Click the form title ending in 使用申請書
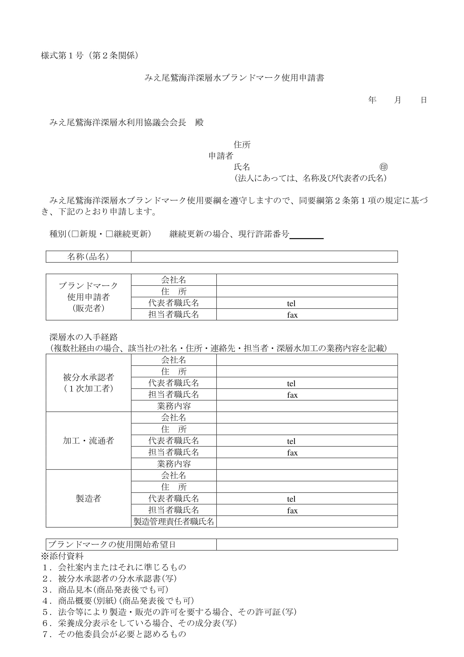click(x=234, y=78)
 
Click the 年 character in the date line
click(x=372, y=100)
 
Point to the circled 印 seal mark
click(x=383, y=167)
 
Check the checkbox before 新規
click(x=75, y=234)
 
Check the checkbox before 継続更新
click(x=109, y=234)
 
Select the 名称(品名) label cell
click(x=88, y=257)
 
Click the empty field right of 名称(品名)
click(x=264, y=257)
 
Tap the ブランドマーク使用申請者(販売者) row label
click(x=88, y=297)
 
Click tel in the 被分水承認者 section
click(x=291, y=383)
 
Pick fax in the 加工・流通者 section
click(x=292, y=453)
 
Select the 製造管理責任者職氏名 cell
click(x=174, y=521)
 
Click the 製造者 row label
click(x=88, y=498)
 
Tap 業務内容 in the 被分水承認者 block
click(x=174, y=406)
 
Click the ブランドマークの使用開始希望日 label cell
click(x=112, y=545)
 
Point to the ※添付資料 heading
click(x=62, y=556)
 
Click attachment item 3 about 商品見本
click(x=105, y=590)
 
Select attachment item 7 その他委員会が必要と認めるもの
click(x=114, y=634)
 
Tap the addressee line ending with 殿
click(x=126, y=122)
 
